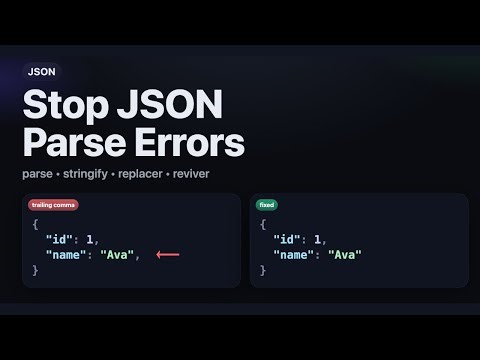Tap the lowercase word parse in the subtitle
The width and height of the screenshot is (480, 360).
36,174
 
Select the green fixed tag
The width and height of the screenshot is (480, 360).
267,205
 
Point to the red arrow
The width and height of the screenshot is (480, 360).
167,255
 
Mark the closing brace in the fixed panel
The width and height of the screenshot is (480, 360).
262,270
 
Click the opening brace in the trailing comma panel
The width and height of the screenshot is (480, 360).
35,225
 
